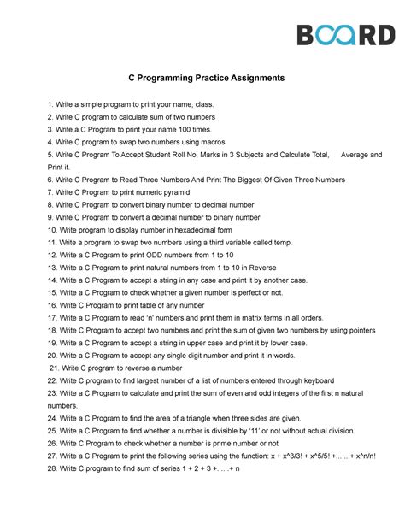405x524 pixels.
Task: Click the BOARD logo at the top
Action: click(345, 35)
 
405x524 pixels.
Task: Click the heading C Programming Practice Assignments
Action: click(202, 78)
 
